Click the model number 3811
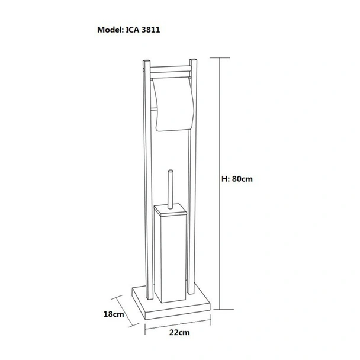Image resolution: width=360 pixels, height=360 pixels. (x=151, y=30)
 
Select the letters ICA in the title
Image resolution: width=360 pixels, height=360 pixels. (x=133, y=30)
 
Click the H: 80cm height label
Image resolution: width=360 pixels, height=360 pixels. (x=237, y=179)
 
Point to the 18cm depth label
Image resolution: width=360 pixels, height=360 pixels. (x=114, y=314)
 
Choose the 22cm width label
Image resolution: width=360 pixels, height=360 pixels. (x=179, y=332)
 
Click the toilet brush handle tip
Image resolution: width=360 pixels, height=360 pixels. (x=171, y=171)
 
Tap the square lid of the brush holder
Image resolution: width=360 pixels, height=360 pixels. (x=171, y=210)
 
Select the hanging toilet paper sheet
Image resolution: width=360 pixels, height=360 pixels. (x=173, y=104)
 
